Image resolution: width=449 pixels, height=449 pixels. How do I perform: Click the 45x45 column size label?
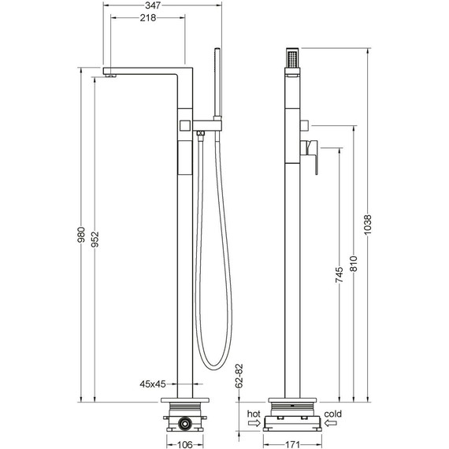point(153,384)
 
